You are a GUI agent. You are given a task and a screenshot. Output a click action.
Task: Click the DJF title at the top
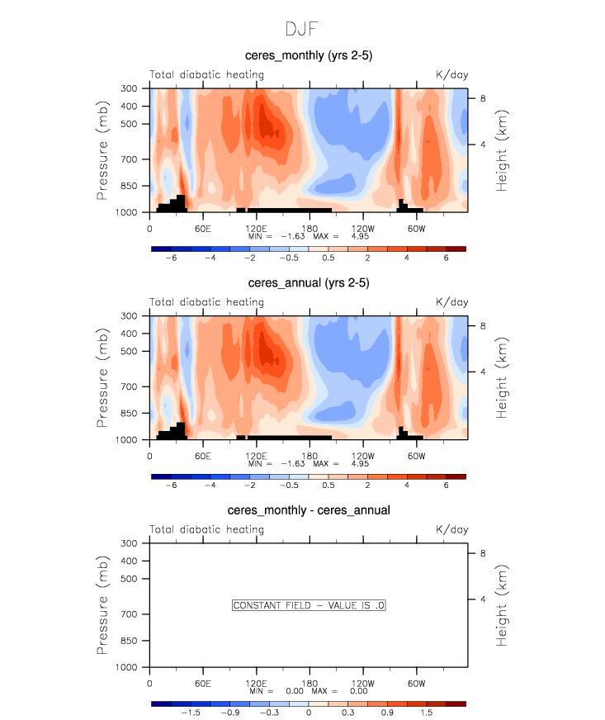click(x=302, y=29)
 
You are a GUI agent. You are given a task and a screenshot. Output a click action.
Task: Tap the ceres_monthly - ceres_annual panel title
click(x=309, y=510)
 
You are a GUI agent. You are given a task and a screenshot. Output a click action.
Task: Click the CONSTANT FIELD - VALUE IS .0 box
click(x=310, y=605)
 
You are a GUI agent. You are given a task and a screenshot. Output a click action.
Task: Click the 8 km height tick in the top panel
click(x=484, y=98)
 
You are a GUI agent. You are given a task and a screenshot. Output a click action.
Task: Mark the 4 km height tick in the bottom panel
click(x=484, y=599)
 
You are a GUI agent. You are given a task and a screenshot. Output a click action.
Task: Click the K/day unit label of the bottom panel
click(x=451, y=529)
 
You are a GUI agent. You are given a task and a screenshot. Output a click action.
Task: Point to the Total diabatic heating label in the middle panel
click(x=206, y=302)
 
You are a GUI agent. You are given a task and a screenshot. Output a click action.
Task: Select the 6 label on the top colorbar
click(x=446, y=258)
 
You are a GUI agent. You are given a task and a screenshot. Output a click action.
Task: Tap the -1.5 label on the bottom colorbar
click(x=191, y=713)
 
